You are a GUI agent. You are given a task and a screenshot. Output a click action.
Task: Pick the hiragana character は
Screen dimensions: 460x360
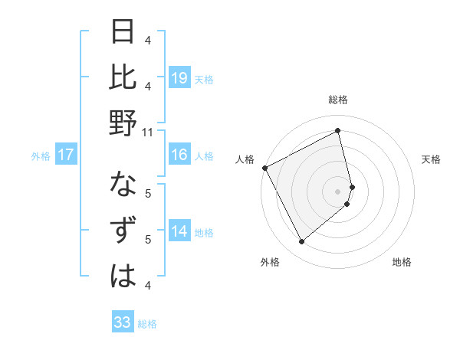point(123,276)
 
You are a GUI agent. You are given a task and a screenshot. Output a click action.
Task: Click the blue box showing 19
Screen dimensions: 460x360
point(179,77)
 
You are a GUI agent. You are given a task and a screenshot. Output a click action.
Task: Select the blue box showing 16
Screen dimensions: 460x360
point(179,155)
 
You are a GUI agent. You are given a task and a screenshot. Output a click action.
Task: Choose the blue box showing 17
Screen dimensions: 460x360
point(66,155)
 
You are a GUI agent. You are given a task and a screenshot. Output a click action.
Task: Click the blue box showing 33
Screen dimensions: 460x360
point(123,322)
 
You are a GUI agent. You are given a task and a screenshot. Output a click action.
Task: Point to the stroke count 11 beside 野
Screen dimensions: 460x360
point(148,132)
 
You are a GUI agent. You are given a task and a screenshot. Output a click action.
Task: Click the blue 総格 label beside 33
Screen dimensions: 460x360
point(147,324)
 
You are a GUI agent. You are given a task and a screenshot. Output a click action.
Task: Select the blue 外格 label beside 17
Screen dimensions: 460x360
point(41,156)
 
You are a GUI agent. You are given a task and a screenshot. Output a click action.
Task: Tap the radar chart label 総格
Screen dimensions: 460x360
point(338,100)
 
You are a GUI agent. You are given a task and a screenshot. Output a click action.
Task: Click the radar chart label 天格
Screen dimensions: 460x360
point(432,159)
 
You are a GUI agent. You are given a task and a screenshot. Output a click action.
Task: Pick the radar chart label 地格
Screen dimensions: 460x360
point(402,262)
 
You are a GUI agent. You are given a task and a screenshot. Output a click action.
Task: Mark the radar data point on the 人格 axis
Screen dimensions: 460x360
point(264,168)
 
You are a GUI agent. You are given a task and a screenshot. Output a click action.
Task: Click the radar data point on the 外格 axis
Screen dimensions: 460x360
point(302,242)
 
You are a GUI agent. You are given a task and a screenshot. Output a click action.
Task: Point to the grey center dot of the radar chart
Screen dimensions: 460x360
point(338,191)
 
